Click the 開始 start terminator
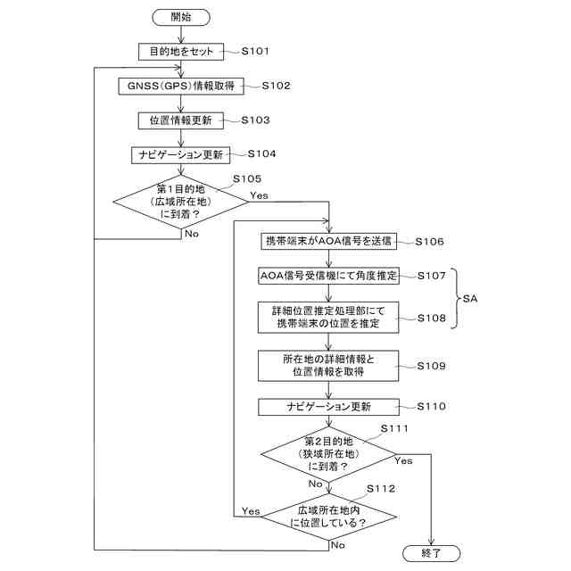tap(181, 18)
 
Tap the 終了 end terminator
tap(431, 553)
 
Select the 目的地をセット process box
tap(181, 52)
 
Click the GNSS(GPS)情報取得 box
tap(181, 86)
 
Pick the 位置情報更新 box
tap(181, 120)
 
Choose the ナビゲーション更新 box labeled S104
tap(180, 154)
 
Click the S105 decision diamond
tap(180, 202)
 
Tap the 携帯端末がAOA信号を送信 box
tap(328, 241)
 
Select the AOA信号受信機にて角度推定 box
tap(328, 276)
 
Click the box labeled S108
tap(328, 318)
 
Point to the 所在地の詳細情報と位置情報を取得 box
tap(328, 366)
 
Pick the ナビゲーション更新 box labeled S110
tap(328, 407)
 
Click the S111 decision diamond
tap(328, 454)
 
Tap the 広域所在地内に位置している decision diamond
tap(328, 517)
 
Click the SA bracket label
tap(470, 299)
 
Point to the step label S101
tap(255, 51)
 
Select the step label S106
tap(430, 242)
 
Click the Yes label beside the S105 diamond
tap(259, 195)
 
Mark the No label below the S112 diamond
tap(337, 545)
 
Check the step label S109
tap(431, 366)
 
